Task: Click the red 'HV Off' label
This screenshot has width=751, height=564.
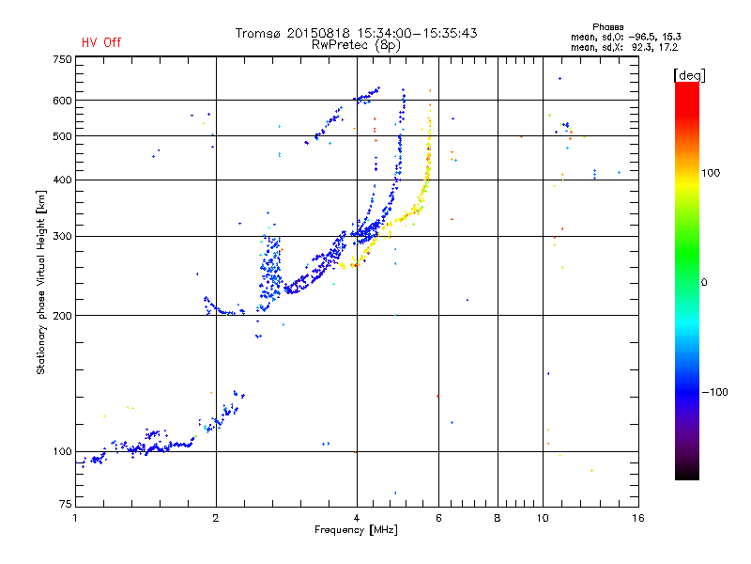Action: coord(101,42)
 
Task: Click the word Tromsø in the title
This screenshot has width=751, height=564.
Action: coord(258,33)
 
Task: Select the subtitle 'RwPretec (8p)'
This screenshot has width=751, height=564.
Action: coord(356,45)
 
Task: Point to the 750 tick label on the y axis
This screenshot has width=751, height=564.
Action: coord(62,59)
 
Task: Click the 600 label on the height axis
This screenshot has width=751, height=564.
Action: coord(62,101)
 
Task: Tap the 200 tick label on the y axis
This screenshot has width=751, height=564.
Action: coord(62,316)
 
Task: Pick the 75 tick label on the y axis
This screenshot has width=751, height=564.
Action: coord(66,504)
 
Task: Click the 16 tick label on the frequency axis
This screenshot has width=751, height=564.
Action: coord(638,518)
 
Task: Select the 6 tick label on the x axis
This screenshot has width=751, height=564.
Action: coord(438,518)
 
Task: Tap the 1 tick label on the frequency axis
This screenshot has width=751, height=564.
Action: coord(75,518)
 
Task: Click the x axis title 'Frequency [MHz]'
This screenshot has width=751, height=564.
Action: coord(356,530)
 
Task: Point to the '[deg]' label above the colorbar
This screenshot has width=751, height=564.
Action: coord(690,75)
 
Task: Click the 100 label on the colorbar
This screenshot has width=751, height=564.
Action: coord(711,173)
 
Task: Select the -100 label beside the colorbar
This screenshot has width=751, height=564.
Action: coord(714,392)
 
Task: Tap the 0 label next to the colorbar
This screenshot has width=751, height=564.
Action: coord(704,283)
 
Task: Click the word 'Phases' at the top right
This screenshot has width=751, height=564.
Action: coord(608,27)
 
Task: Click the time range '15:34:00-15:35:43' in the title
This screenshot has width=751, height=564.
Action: coord(417,33)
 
